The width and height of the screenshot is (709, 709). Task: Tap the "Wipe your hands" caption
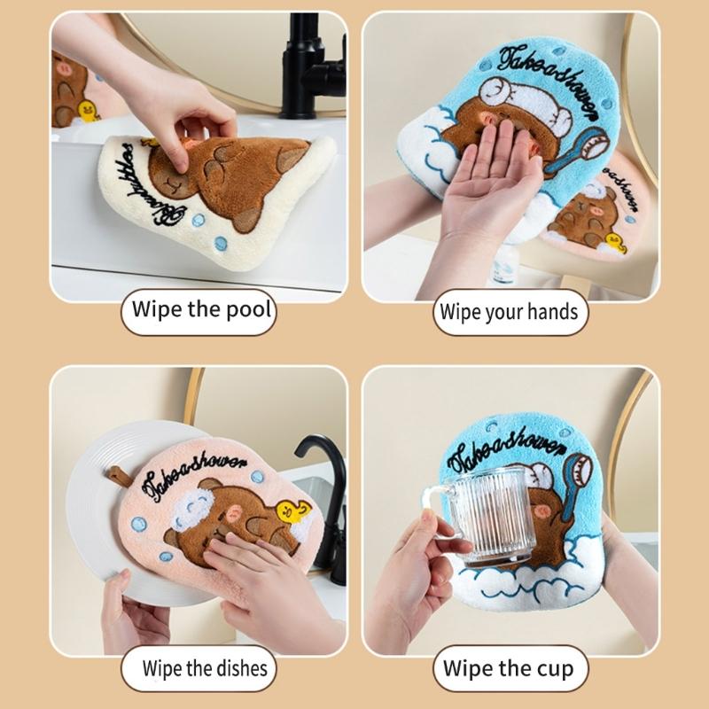coord(510,312)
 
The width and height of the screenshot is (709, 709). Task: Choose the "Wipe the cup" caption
coord(509,667)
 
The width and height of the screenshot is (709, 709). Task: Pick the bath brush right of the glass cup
coord(576,483)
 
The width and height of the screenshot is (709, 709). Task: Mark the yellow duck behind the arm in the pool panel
coord(88,111)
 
